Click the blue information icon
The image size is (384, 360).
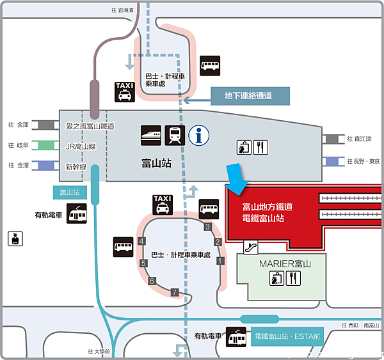click(x=200, y=136)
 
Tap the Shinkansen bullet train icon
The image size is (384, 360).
click(x=151, y=135)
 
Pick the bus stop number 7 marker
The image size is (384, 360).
click(x=173, y=292)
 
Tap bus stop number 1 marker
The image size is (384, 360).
click(x=221, y=260)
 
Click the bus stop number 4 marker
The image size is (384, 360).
click(x=141, y=241)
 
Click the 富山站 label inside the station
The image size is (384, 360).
click(x=156, y=164)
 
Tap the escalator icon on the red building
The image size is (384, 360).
click(x=251, y=246)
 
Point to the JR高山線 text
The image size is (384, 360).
click(x=81, y=146)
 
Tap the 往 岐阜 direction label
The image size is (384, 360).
click(x=19, y=145)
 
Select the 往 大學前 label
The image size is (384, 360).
click(x=99, y=351)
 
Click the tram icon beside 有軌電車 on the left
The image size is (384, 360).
click(x=77, y=214)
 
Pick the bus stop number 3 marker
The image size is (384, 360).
click(x=207, y=226)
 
